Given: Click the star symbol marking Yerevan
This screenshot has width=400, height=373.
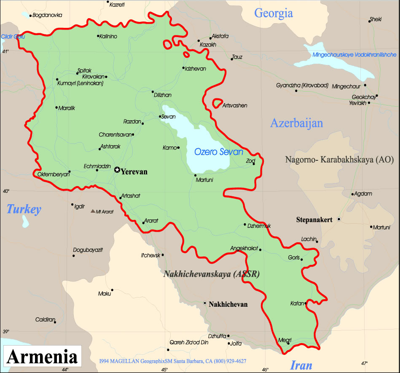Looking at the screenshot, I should coord(117,170).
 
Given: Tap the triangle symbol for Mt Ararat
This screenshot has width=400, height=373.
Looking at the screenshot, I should coord(93,211).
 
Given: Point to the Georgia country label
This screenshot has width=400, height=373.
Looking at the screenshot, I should coord(273,13).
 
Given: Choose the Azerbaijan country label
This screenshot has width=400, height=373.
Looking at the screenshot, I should coord(296,123).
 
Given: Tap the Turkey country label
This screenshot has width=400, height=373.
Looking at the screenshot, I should coord(24,209).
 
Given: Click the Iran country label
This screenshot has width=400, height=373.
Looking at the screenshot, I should coord(301,365).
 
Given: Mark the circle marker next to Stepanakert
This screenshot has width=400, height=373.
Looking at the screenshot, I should coord(338,219).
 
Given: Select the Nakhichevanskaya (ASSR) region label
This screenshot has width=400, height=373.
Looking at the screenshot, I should coord(211,274).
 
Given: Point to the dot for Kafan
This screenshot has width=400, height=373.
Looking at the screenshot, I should coord(305,303).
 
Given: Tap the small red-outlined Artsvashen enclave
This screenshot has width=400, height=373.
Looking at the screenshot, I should coord(217,103).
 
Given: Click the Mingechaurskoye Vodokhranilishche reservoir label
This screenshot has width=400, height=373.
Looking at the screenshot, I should coord(355,54).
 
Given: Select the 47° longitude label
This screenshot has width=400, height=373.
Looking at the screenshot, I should coord(364,363).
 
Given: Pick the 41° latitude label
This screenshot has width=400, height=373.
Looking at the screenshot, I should coord(5,51).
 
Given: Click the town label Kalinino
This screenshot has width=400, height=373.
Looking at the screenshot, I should coord(108,36).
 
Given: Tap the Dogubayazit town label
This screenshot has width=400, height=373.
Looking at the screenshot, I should coord(88,250).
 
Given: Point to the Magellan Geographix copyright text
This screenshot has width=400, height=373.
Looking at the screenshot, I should coord(173,361).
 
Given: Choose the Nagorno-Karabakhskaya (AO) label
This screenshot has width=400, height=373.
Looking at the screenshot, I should coord(339,159).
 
